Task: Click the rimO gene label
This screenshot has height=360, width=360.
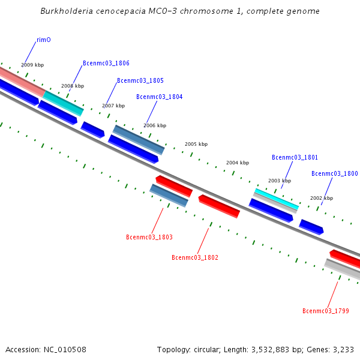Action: (x=44, y=40)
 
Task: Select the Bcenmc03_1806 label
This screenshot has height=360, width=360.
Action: (x=106, y=63)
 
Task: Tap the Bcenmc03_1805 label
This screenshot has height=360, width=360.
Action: (x=140, y=80)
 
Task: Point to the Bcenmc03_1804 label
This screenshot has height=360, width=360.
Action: (x=160, y=97)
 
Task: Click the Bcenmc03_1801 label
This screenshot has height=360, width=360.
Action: (x=295, y=157)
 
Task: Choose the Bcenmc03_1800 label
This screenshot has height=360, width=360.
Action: (x=334, y=173)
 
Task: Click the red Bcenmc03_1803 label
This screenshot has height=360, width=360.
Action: (x=149, y=237)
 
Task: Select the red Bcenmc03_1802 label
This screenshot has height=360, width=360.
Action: (x=195, y=257)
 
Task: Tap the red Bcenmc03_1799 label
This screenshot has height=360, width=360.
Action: (x=326, y=311)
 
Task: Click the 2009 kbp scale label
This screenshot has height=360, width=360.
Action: (x=32, y=65)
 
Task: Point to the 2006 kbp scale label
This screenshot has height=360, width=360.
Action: (x=155, y=125)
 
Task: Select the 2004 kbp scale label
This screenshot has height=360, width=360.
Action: (x=238, y=163)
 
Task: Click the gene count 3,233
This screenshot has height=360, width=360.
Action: (x=342, y=349)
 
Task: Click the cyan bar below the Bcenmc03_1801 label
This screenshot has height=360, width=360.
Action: (x=276, y=199)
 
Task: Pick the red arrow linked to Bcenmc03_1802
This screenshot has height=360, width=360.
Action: (x=219, y=206)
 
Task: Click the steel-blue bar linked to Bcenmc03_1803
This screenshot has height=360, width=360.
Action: (x=169, y=195)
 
